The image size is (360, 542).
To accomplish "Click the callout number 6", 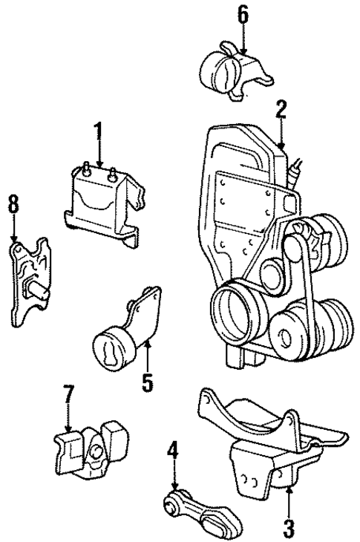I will click(243, 15).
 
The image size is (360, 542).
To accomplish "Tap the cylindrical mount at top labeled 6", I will click(225, 70).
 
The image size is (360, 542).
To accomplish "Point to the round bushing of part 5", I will click(107, 349).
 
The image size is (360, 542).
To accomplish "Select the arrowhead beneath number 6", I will click(243, 46).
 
